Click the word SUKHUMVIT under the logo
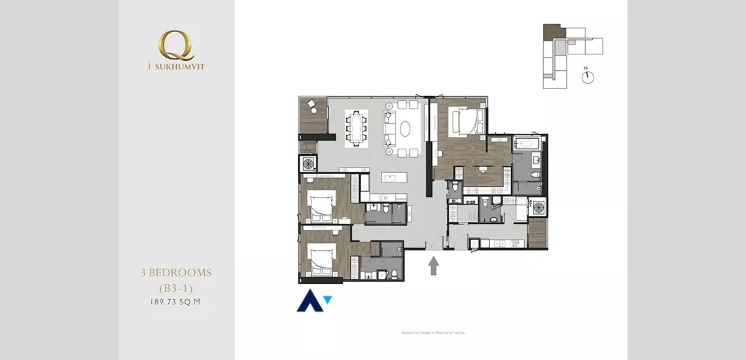pyautogui.click(x=179, y=66)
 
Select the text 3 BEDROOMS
pyautogui.click(x=176, y=272)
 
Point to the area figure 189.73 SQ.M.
pyautogui.click(x=176, y=302)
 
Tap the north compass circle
pyautogui.click(x=588, y=77)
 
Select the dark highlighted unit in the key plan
pyautogui.click(x=552, y=31)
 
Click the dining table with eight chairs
pyautogui.click(x=357, y=126)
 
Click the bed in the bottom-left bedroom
pyautogui.click(x=320, y=259)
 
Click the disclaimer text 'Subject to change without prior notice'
pyautogui.click(x=433, y=333)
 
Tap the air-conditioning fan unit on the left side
pyautogui.click(x=308, y=163)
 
